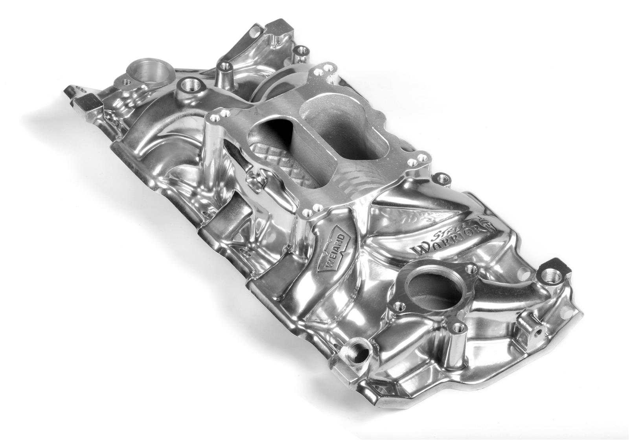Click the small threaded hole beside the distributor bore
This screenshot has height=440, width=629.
[127, 82]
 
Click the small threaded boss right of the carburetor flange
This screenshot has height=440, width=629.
[443, 179]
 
